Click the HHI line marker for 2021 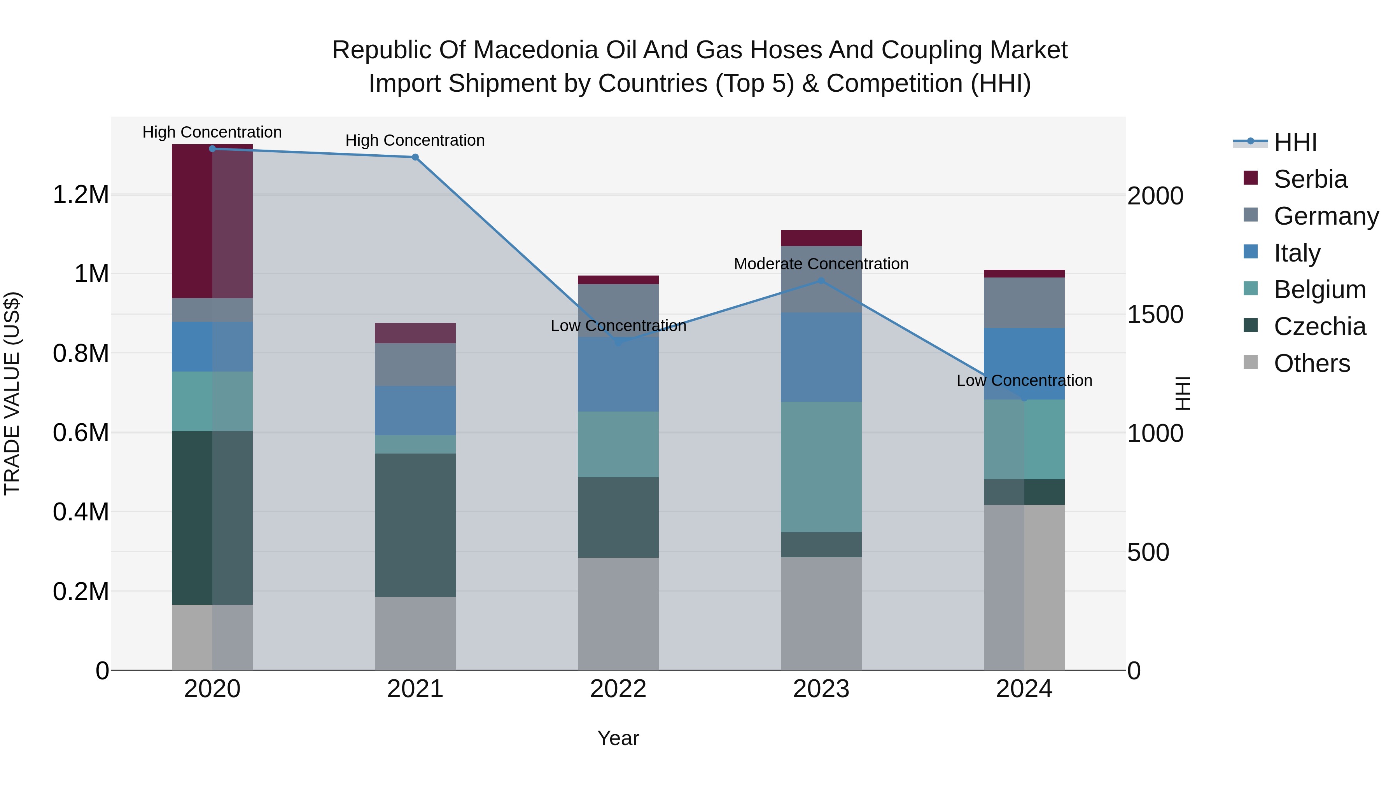415,157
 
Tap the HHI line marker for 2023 821,281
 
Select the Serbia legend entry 1310,179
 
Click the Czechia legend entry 1319,326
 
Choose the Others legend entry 1311,363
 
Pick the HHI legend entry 1295,142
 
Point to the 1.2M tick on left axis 80,194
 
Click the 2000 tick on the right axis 1155,196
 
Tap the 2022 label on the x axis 618,689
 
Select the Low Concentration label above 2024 1024,381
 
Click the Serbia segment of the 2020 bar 212,221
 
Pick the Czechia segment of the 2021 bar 415,525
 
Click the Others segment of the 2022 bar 618,614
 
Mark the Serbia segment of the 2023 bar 821,238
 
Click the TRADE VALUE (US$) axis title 12,393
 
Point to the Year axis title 618,738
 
